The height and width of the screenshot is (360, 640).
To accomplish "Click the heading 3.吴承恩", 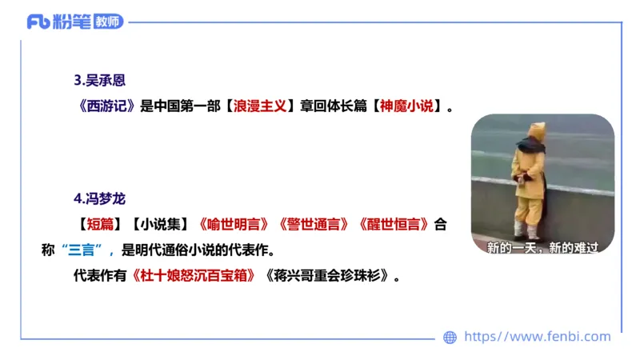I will point(100,80).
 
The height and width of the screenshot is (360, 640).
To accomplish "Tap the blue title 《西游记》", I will point(104,106).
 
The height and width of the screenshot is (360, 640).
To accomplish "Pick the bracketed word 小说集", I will point(160,224).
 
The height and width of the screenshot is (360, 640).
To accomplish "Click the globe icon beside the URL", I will point(450,338).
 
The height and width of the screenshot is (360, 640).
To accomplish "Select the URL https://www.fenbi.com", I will point(537,337).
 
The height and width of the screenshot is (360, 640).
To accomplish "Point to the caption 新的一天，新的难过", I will point(542,248).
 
